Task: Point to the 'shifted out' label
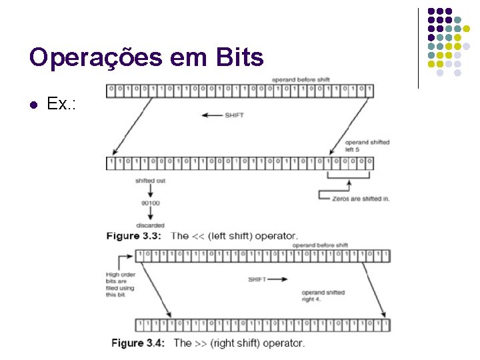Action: pyautogui.click(x=150, y=181)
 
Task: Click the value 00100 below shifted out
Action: pyautogui.click(x=150, y=203)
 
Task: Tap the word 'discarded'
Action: pyautogui.click(x=151, y=225)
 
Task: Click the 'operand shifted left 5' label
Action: pyautogui.click(x=367, y=146)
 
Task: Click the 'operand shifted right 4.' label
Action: pyautogui.click(x=323, y=296)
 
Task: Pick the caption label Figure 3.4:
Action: pyautogui.click(x=139, y=343)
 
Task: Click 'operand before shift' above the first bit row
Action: pyautogui.click(x=299, y=80)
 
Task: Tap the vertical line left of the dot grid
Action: pyautogui.click(x=418, y=48)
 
